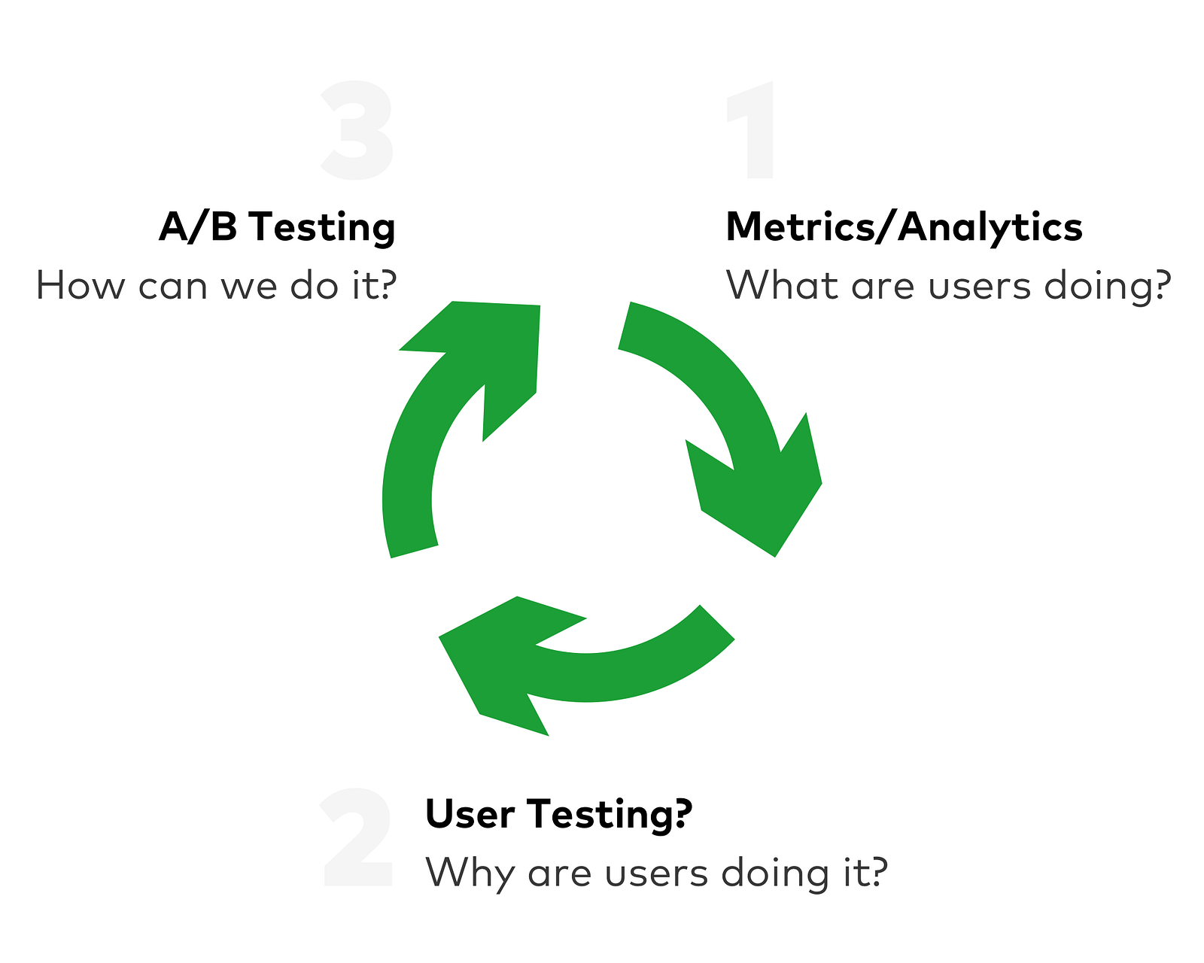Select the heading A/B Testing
[x=277, y=227]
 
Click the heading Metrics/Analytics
[x=904, y=227]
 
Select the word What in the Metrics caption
[x=782, y=287]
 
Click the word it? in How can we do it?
[x=375, y=287]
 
